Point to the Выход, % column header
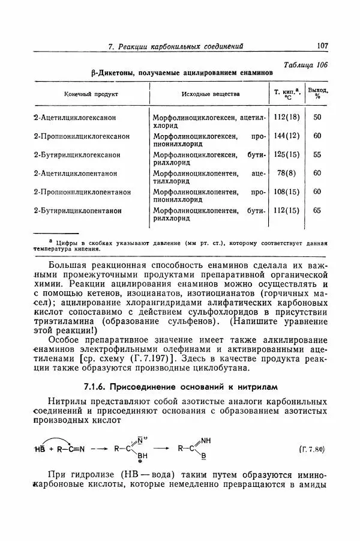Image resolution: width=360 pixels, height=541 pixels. click(317, 94)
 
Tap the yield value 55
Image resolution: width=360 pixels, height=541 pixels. click(317, 154)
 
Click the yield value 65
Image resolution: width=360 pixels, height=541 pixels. click(317, 210)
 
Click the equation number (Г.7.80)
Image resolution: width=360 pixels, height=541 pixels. click(310, 449)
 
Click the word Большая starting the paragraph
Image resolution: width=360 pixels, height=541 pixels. click(68, 265)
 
